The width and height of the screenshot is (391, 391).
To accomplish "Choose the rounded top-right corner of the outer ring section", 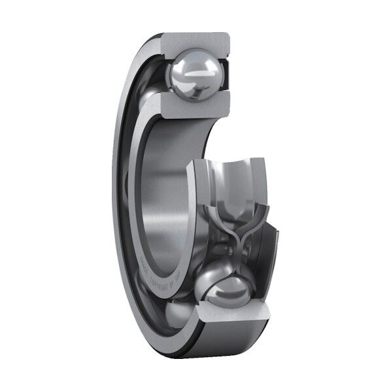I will (226, 37).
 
